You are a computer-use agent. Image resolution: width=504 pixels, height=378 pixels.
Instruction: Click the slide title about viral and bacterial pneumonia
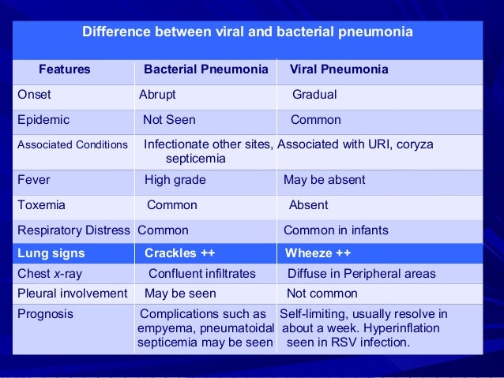(248, 34)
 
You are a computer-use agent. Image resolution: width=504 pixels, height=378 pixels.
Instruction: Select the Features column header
(65, 69)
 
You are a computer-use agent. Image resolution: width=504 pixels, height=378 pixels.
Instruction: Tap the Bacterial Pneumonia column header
(205, 69)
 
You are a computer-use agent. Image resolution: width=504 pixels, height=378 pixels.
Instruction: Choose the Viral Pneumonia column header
(339, 69)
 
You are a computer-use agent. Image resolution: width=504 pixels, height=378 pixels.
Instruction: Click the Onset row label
(34, 95)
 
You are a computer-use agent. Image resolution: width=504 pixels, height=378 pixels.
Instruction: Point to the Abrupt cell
(157, 95)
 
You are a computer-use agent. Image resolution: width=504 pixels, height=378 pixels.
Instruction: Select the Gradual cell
(314, 95)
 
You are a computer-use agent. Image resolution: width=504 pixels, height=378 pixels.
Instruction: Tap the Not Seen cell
(169, 120)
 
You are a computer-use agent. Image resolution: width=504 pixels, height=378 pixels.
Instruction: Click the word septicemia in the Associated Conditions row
(195, 159)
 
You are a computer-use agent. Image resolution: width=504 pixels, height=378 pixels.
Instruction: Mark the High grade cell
(175, 179)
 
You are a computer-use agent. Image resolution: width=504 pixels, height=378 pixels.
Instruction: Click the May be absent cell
(324, 179)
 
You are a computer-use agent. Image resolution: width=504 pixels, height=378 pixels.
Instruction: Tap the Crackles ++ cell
(179, 253)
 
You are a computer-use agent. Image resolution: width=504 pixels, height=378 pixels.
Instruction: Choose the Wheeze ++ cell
(318, 253)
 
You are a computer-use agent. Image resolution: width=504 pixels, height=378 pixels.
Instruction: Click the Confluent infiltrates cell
(202, 274)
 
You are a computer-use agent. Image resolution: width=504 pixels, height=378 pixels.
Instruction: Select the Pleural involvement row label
(72, 294)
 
